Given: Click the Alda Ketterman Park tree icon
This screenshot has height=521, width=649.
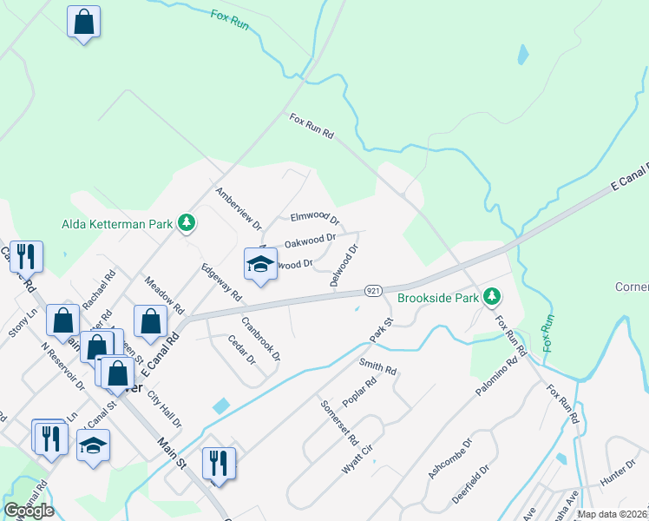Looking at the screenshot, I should [186, 223].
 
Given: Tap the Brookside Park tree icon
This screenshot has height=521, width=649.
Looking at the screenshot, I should [492, 298].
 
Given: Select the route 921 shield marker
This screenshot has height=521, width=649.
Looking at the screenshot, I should [373, 290].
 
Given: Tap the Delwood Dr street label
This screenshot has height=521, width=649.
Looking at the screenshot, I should [344, 266].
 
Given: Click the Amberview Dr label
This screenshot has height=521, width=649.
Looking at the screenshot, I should [239, 209].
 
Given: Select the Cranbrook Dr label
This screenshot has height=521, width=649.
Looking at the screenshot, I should [261, 339].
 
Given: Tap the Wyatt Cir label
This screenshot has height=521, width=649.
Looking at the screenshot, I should [357, 457].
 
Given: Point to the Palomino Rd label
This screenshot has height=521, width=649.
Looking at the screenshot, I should [495, 375].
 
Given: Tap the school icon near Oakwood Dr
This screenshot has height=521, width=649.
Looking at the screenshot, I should [260, 264].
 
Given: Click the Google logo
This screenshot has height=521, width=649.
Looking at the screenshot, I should [29, 511].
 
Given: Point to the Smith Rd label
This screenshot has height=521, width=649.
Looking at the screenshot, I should [377, 368].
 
